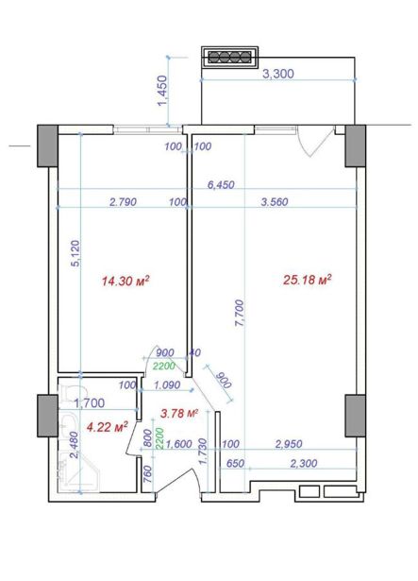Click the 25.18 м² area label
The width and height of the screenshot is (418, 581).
307,280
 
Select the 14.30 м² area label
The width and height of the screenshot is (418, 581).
125,281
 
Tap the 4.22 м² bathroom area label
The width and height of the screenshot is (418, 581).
107,427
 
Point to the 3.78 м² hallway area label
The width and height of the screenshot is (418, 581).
179,413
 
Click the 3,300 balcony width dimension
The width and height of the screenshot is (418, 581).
278,74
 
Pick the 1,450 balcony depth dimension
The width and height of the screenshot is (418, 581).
163,91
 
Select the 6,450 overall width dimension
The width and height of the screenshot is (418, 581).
221,184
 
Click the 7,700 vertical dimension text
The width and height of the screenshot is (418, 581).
240,313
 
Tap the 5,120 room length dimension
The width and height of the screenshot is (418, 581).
75,253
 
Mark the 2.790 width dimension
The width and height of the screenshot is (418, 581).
124,202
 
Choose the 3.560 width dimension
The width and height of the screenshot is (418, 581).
275,202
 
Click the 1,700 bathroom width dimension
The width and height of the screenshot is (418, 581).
90,402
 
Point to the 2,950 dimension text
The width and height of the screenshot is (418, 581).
289,444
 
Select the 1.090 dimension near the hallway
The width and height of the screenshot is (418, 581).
167,385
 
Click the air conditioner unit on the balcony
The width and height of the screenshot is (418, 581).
229,57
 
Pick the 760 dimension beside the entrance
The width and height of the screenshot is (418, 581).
147,472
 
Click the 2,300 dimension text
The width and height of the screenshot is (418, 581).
304,463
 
